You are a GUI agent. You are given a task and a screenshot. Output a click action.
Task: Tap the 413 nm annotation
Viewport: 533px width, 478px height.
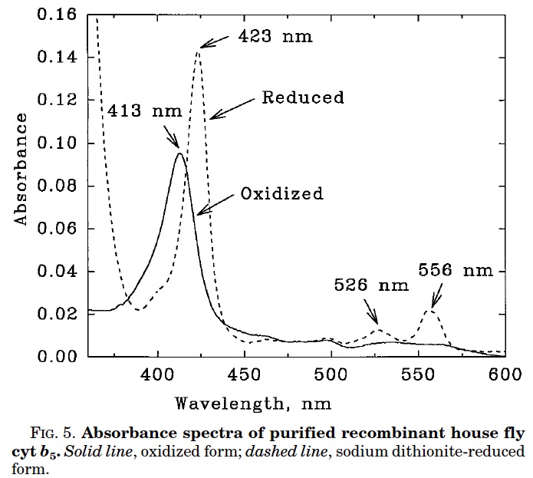tap(145, 110)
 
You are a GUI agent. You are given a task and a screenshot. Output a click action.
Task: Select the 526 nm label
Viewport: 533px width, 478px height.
tap(371, 285)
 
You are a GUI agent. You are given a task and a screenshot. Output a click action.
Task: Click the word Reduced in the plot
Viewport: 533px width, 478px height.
tap(303, 97)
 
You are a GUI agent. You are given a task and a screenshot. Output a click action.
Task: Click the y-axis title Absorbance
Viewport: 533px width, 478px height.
tap(21, 170)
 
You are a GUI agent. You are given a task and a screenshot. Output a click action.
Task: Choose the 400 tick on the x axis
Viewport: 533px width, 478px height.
tap(158, 374)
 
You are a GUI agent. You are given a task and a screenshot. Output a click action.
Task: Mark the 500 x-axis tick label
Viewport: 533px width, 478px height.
tap(331, 374)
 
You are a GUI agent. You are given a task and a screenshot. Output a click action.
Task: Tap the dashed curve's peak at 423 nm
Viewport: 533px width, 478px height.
tap(198, 50)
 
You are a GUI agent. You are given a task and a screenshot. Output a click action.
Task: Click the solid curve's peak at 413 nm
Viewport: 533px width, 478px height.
tap(180, 153)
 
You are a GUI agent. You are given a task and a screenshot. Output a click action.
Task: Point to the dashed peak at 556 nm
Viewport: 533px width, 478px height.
tap(430, 310)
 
